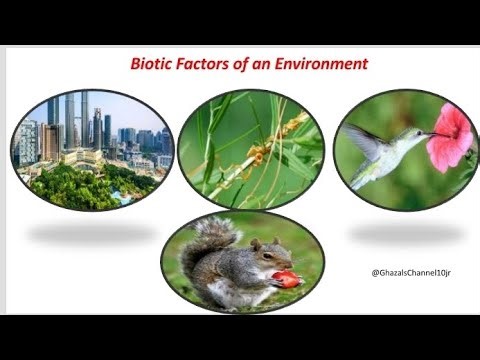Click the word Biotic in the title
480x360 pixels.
coord(153,64)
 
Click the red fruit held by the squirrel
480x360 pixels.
coord(287,279)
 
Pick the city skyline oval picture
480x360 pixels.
coord(91,150)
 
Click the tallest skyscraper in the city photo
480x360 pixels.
coord(84,115)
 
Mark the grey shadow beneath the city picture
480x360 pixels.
coord(90,234)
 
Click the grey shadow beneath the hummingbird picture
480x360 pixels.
coord(405,234)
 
